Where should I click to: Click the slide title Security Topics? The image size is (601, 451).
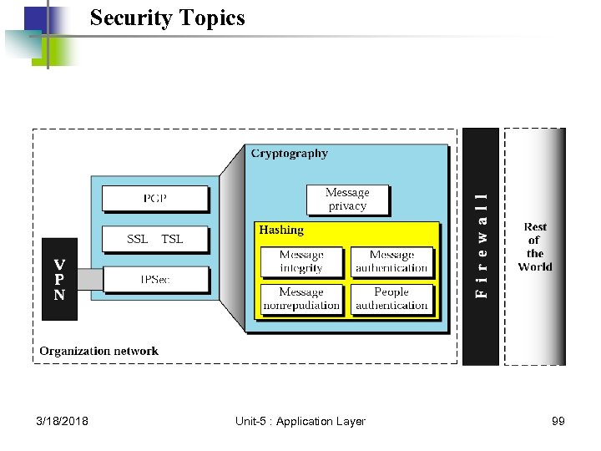[x=167, y=18]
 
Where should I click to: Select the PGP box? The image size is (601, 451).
[x=154, y=199]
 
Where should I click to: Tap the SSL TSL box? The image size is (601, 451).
[x=154, y=239]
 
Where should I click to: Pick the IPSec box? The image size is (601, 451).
[x=154, y=280]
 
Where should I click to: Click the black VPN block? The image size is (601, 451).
[x=59, y=280]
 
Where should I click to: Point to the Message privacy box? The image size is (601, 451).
[x=347, y=199]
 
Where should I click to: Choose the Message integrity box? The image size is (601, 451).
[x=301, y=261]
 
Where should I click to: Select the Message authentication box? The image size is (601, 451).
[x=391, y=261]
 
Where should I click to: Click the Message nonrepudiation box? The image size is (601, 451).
[x=301, y=299]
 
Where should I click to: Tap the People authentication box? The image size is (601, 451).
[x=391, y=299]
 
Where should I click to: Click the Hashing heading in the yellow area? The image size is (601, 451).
[x=281, y=230]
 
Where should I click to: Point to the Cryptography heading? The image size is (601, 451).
[x=290, y=154]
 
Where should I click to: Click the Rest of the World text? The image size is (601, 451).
[x=535, y=246]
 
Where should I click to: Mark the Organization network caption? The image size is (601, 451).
[x=98, y=351]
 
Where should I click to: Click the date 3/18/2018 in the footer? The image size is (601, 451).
[x=63, y=421]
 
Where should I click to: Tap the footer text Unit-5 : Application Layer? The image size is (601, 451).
[x=300, y=421]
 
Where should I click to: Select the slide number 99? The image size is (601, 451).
[x=558, y=421]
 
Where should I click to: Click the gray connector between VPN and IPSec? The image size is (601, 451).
[x=89, y=279]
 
